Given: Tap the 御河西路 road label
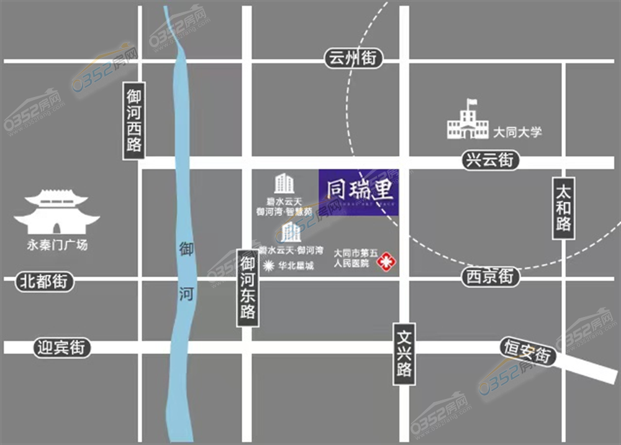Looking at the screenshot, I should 134,121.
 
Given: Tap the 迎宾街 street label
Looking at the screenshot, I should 60,347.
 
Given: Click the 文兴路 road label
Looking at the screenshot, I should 404,353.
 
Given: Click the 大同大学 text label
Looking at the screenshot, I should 517,132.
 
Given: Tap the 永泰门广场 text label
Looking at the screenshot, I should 57,245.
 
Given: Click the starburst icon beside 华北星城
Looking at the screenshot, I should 268,266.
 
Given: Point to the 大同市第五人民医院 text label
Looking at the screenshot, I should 355,259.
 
